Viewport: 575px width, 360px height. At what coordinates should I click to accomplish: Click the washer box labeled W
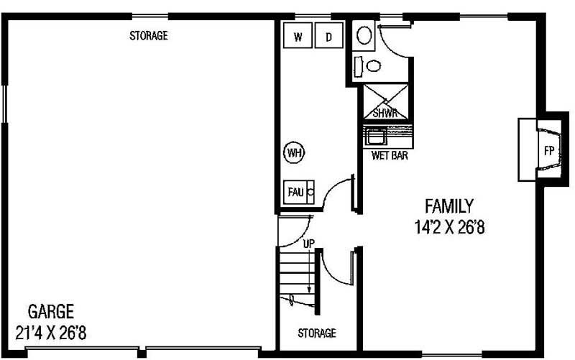[x=298, y=35]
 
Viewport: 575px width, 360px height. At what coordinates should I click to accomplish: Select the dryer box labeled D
[x=329, y=35]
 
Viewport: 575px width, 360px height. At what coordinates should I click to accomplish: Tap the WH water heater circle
[x=295, y=152]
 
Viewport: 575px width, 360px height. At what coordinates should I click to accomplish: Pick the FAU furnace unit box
[x=299, y=192]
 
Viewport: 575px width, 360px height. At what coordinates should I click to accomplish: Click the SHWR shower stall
[x=386, y=102]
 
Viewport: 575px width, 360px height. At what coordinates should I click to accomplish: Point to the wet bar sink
[x=375, y=137]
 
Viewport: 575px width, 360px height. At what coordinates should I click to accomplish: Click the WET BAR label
[x=390, y=155]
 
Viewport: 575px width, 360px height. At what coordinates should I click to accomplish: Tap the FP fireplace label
[x=549, y=151]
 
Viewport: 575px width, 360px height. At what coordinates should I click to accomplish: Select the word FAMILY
[x=449, y=206]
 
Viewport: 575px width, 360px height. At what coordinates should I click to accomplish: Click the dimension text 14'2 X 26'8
[x=450, y=227]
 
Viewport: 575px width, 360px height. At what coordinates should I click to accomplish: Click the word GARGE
[x=51, y=311]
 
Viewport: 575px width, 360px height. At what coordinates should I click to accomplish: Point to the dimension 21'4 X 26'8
[x=51, y=333]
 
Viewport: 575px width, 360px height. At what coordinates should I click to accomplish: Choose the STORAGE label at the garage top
[x=149, y=35]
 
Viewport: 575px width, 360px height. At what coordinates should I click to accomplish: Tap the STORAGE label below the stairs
[x=317, y=333]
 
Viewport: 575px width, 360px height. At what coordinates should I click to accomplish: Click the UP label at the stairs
[x=309, y=243]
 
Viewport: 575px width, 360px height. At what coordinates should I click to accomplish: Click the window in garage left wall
[x=4, y=103]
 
